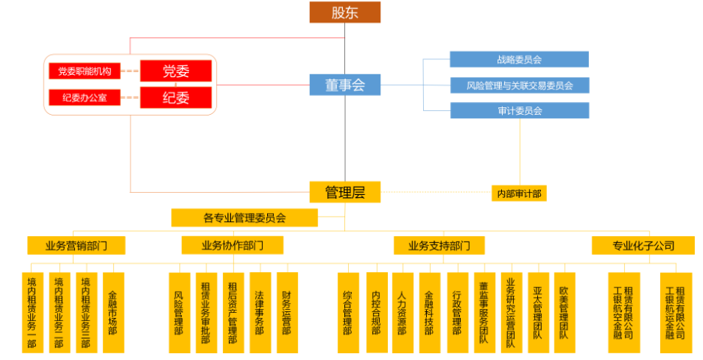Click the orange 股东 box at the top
tap(345, 12)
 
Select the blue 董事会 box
tap(345, 85)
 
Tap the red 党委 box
tap(176, 71)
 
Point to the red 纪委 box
tap(176, 97)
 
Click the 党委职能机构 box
tap(85, 71)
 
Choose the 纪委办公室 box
tap(85, 97)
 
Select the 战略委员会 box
tap(519, 59)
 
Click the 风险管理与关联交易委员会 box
tap(519, 85)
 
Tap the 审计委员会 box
tap(519, 110)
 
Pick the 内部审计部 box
tap(518, 193)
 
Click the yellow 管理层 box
tap(345, 192)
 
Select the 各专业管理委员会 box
tap(245, 218)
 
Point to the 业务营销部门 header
tap(76, 245)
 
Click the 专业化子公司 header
tap(643, 245)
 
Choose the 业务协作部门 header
tap(233, 245)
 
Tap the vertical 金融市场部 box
tap(113, 312)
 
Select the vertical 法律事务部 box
tap(260, 312)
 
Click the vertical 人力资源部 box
tap(402, 312)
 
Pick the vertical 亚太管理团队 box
tap(537, 312)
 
